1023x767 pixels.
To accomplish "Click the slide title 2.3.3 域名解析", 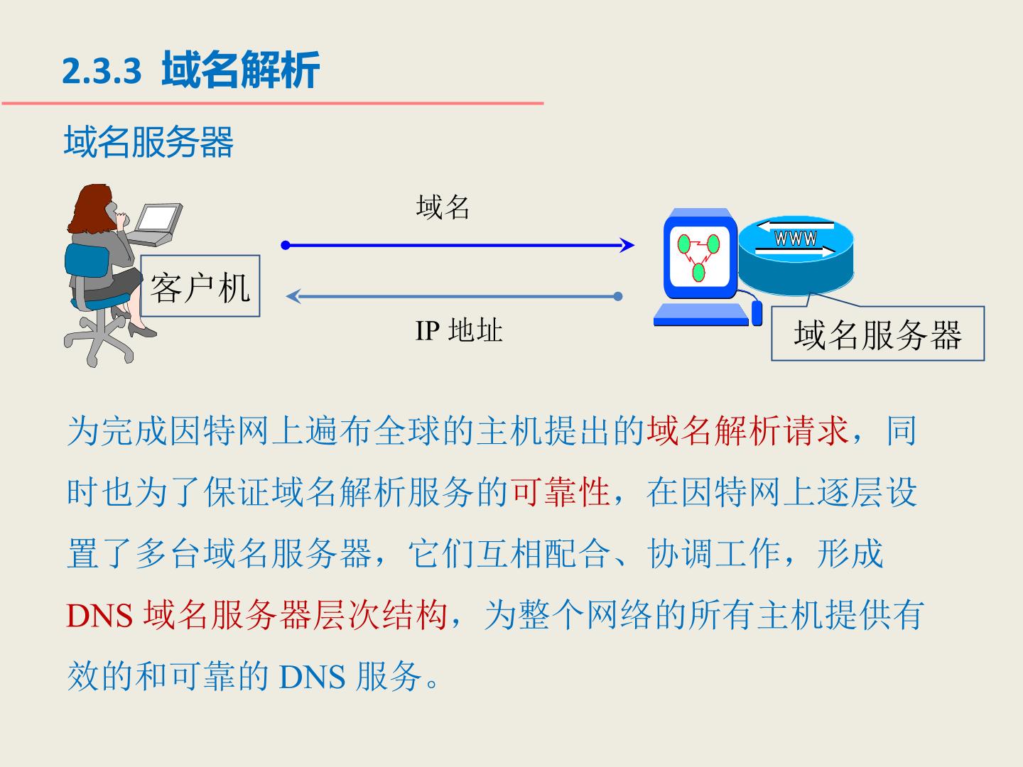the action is pos(190,70).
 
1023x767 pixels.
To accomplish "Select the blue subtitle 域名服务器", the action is pos(148,141).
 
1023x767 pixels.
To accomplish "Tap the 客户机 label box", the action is pos(200,286).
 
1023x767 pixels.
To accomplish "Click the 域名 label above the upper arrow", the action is pos(443,207).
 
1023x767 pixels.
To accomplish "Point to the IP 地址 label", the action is pos(459,331).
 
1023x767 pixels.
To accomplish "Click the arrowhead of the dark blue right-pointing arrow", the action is pos(627,245).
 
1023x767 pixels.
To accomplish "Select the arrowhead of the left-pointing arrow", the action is pos(293,296).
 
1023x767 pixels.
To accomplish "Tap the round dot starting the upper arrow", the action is pos(286,245).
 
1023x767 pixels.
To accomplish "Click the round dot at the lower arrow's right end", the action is pos(618,296).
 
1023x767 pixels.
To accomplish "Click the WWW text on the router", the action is pos(795,239).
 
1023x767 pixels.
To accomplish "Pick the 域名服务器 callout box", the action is pos(877,334).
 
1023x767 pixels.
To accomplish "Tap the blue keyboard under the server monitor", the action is pos(701,315).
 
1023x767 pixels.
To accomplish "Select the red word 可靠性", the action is pos(561,491).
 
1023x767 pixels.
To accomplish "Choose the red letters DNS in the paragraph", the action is pos(99,616).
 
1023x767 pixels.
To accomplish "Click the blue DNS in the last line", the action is pos(312,677).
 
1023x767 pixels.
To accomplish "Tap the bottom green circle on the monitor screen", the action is pos(698,273).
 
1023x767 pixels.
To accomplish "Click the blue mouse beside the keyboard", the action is pos(757,312).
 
